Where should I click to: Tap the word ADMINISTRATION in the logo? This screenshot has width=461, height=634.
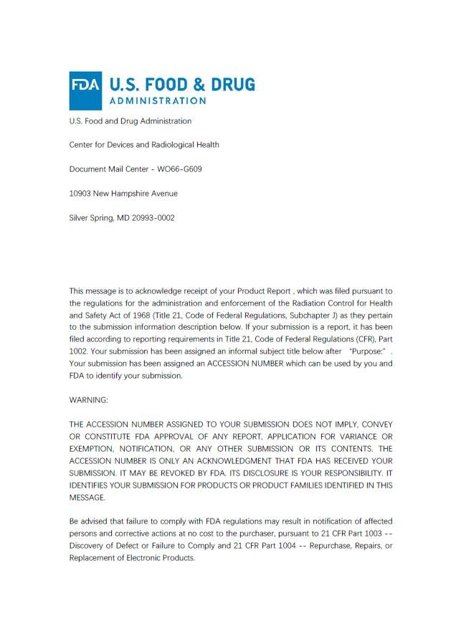coord(158,100)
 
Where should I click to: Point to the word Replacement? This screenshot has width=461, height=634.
coord(92,558)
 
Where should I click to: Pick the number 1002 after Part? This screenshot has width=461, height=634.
coord(80,351)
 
